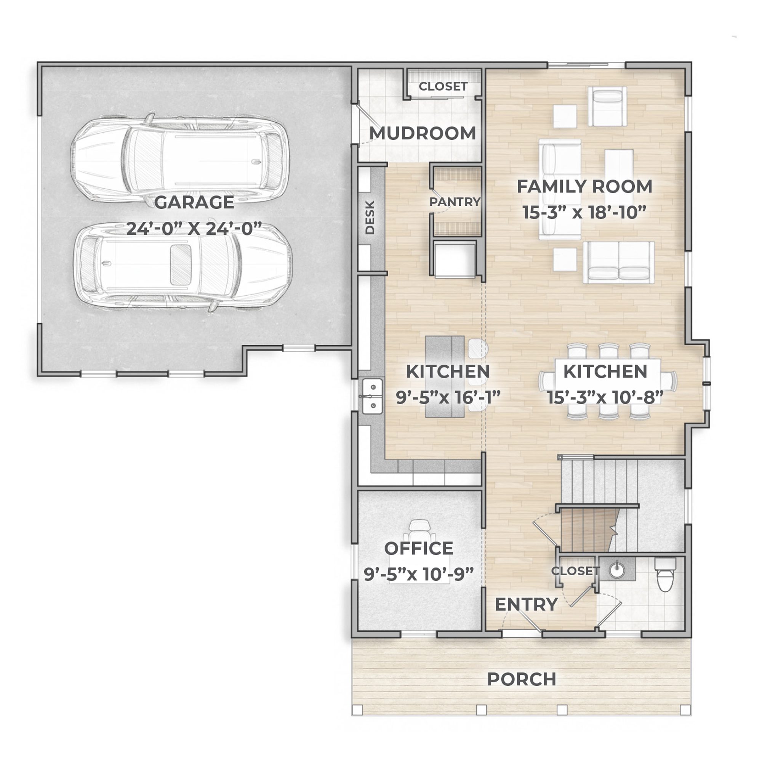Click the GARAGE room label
point(194,202)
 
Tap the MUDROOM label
point(423,133)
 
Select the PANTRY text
point(455,202)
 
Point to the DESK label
point(370,218)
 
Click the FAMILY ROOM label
point(584,187)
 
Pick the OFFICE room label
point(418,548)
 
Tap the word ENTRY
point(526,604)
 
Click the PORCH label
point(522,679)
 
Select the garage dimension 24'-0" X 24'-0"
point(194,228)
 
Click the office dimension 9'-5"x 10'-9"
point(418,574)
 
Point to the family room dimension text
point(584,212)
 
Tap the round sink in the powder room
point(617,570)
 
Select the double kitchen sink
point(372,396)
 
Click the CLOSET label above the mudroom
point(443,86)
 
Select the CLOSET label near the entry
point(575,571)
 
